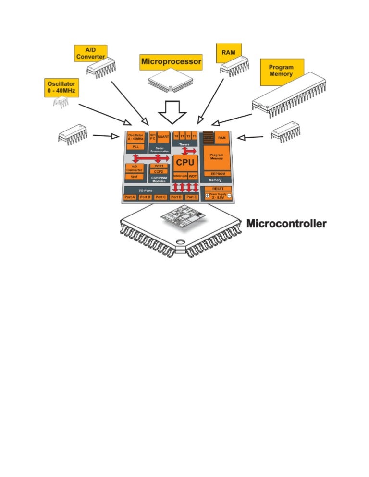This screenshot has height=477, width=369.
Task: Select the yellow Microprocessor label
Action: click(171, 61)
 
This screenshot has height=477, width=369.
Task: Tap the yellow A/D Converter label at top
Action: click(90, 53)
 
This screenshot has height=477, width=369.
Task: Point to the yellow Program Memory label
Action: click(281, 71)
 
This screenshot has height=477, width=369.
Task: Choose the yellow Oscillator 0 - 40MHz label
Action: click(61, 86)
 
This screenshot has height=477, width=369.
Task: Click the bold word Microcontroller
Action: click(286, 223)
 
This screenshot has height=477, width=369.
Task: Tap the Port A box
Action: click(130, 197)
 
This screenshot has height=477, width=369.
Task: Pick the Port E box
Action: click(191, 197)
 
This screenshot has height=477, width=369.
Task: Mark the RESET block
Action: click(218, 189)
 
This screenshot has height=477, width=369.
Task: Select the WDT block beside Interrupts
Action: click(193, 176)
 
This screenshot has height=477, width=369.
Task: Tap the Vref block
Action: click(134, 177)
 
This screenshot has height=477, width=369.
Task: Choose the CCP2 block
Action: click(159, 171)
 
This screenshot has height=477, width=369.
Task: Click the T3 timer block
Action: click(195, 136)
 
